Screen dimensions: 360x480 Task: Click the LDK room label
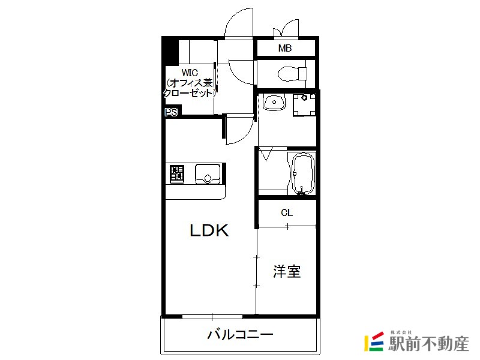209,230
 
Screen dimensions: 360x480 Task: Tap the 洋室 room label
287,271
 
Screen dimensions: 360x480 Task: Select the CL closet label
287,212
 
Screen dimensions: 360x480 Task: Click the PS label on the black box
171,112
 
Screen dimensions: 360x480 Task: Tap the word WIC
190,73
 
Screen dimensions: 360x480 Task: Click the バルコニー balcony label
240,334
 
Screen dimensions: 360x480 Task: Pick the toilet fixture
290,74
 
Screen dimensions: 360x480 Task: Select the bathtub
301,173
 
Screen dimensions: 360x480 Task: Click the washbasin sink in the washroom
273,103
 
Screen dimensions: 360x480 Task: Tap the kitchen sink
208,173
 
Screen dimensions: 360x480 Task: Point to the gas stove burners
177,173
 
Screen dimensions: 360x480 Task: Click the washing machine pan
304,104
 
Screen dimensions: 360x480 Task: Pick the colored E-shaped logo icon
375,342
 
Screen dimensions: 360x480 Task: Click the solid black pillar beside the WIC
170,52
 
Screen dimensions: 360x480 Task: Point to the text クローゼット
190,93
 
